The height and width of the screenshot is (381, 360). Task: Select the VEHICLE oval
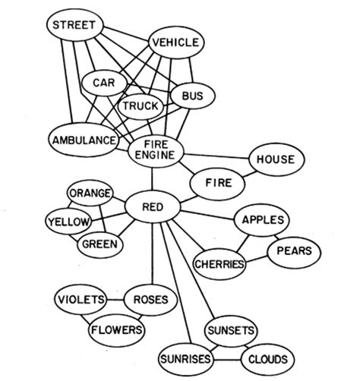[175, 43]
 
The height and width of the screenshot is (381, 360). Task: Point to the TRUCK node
[141, 105]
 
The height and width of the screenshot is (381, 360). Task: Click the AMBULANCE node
[84, 140]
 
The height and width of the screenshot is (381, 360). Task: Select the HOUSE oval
[270, 160]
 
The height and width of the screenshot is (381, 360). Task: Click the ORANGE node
[90, 193]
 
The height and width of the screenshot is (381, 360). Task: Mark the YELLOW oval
[68, 222]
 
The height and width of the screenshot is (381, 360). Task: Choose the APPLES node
[262, 220]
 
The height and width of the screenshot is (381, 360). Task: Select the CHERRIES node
[219, 263]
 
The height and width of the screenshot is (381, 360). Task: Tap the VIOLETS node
[80, 300]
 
